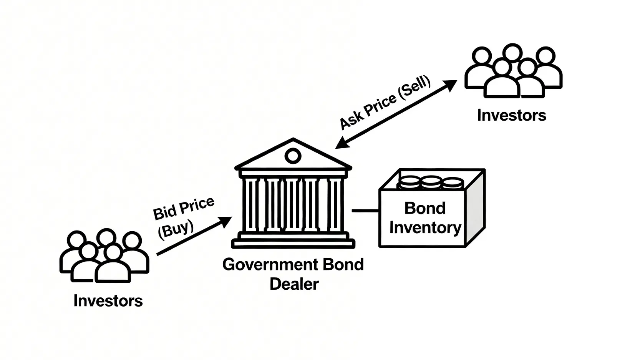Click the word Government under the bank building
tap(270, 265)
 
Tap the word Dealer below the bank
tap(294, 284)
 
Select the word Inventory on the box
tap(425, 228)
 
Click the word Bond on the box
tap(425, 208)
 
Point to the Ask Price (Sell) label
tap(385, 102)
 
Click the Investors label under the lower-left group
tap(108, 301)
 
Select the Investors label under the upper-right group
tap(512, 115)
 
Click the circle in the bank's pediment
tap(293, 156)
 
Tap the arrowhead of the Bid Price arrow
tap(225, 221)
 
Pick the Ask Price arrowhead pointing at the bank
tap(342, 143)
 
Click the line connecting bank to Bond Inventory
tap(365, 211)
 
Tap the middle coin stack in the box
tap(431, 183)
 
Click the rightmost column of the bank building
tap(335, 204)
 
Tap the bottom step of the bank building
tap(293, 244)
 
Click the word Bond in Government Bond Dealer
tap(343, 265)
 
